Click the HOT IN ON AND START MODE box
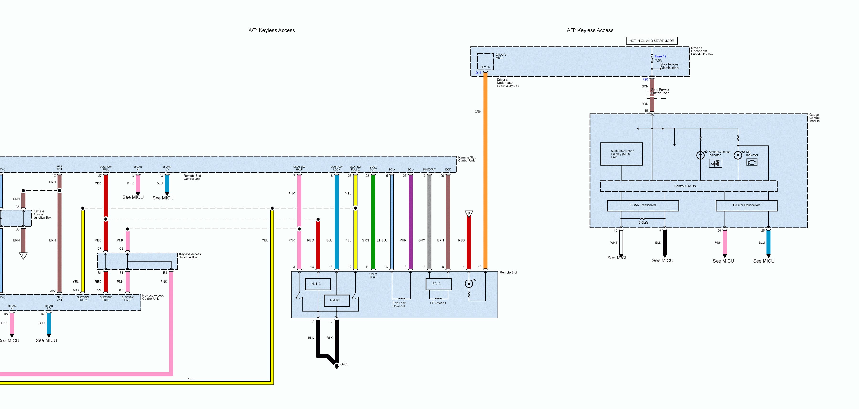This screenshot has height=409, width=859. click(651, 41)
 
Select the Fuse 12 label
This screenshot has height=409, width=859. click(660, 56)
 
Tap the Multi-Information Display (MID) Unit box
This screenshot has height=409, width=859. click(621, 154)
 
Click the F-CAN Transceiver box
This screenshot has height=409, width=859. click(643, 205)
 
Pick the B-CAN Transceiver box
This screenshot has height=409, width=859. click(746, 205)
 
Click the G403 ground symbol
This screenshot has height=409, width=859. click(337, 366)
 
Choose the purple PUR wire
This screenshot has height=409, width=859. click(410, 220)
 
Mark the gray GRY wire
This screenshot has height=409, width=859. click(429, 220)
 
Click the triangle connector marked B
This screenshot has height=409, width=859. click(469, 214)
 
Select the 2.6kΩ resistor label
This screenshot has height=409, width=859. click(643, 223)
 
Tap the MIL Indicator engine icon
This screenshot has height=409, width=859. click(752, 162)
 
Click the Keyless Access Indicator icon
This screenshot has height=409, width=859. click(715, 163)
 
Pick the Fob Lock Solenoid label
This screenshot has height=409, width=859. click(399, 305)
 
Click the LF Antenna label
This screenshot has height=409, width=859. click(438, 303)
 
